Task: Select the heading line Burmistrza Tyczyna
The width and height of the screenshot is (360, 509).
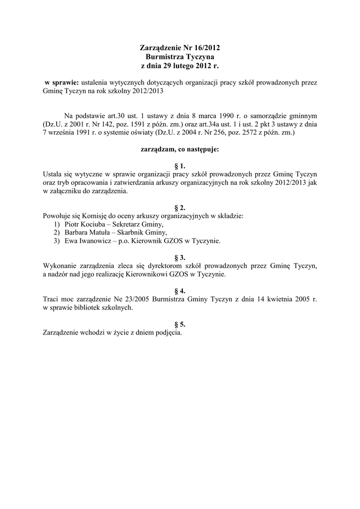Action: tap(180, 57)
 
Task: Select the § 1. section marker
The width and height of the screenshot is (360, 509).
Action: tap(180, 166)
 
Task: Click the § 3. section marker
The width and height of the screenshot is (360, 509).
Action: tap(180, 257)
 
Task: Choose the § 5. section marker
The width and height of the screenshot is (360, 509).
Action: tap(180, 324)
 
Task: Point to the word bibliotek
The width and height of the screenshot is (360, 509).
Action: tap(84, 308)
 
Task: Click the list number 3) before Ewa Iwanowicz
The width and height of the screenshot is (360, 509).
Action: tap(57, 241)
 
